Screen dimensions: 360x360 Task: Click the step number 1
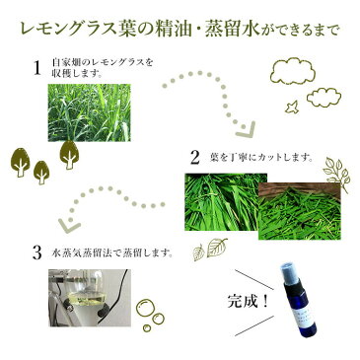point(36,68)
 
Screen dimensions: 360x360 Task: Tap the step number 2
point(194,157)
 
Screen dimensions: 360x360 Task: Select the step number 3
point(37,253)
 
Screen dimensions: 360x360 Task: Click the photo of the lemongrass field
point(89,112)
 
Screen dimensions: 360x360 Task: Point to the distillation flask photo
point(90,298)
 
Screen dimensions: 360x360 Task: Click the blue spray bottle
point(298,300)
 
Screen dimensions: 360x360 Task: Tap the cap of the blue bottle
point(289,273)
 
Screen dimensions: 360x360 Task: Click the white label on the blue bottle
point(303,316)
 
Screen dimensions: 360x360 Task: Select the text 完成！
point(249,301)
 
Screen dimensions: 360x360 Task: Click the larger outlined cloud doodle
point(292,72)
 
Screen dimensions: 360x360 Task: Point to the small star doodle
point(292,108)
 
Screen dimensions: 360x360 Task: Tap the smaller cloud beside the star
point(324,98)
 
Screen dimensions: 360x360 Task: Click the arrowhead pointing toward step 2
point(246,130)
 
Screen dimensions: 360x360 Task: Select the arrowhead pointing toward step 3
point(69,224)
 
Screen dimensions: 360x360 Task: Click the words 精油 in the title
point(173,31)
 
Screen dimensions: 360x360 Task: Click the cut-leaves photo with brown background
point(300,211)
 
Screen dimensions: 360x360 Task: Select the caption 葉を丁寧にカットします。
point(260,158)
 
